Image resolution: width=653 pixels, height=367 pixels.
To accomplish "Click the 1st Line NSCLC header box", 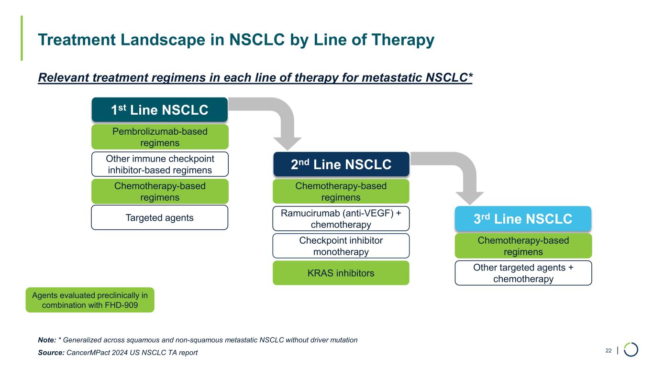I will coord(159,110).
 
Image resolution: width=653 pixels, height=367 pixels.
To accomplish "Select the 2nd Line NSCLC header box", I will coord(341,164).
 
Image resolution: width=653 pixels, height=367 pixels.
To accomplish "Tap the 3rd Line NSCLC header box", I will coord(523,219).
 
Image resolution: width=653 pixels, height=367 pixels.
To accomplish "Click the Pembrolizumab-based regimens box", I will coord(160,137).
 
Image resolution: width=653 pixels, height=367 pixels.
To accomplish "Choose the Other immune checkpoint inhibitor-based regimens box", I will coord(160,164).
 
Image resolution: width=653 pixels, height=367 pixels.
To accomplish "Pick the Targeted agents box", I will coord(160,218).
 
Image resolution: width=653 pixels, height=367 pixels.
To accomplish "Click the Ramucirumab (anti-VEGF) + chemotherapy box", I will coord(341,218).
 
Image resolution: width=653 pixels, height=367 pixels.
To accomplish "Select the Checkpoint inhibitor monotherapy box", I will coord(341,246).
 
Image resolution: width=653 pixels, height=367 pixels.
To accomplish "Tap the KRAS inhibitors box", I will coord(341,273).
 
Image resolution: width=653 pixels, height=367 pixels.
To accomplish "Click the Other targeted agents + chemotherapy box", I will coord(523,273).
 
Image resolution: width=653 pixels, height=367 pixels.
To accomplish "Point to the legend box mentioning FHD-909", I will coord(90,300).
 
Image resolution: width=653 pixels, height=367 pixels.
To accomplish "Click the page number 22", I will coord(609,351).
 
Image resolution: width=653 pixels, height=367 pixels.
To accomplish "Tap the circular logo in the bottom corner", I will coord(631,350).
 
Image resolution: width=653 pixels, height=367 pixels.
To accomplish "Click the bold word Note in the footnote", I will coord(46,340).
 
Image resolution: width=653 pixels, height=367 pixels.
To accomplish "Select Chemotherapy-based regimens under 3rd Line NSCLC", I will coord(523,246).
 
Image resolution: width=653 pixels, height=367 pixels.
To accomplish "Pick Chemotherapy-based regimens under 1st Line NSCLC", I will coord(160,191).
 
